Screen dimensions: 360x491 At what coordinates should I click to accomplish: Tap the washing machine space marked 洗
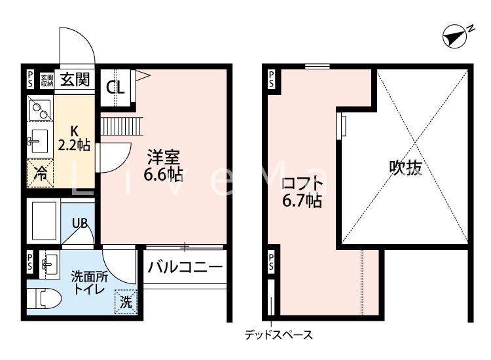(x=126, y=302)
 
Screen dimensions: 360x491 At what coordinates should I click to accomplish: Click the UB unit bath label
(x=79, y=223)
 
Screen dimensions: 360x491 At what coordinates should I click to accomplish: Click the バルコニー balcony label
(x=185, y=267)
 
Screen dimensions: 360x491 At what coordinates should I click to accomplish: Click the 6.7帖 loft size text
(x=302, y=201)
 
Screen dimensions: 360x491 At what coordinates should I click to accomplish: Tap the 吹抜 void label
(x=406, y=168)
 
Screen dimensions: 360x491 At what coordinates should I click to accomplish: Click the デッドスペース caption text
(x=279, y=336)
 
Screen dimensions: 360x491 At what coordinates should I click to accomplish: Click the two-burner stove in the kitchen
(x=40, y=108)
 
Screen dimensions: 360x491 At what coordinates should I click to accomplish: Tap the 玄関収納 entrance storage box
(x=46, y=80)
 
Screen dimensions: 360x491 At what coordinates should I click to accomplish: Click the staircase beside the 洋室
(x=121, y=125)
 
